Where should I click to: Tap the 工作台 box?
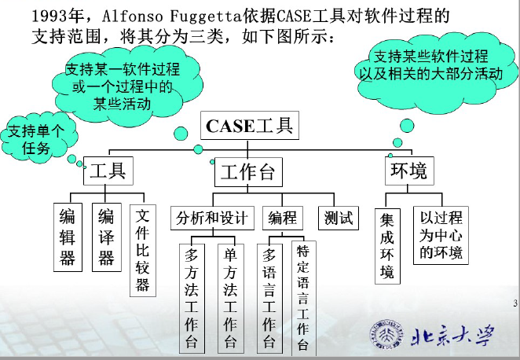point(247,172)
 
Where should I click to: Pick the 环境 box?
point(408,171)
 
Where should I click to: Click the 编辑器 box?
point(68,236)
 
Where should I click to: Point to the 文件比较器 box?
point(142,249)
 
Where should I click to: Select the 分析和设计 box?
point(211,218)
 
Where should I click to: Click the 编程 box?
point(283,218)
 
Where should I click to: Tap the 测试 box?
point(338,218)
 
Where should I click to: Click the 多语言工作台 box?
point(269,298)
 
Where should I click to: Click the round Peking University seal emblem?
point(385,336)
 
